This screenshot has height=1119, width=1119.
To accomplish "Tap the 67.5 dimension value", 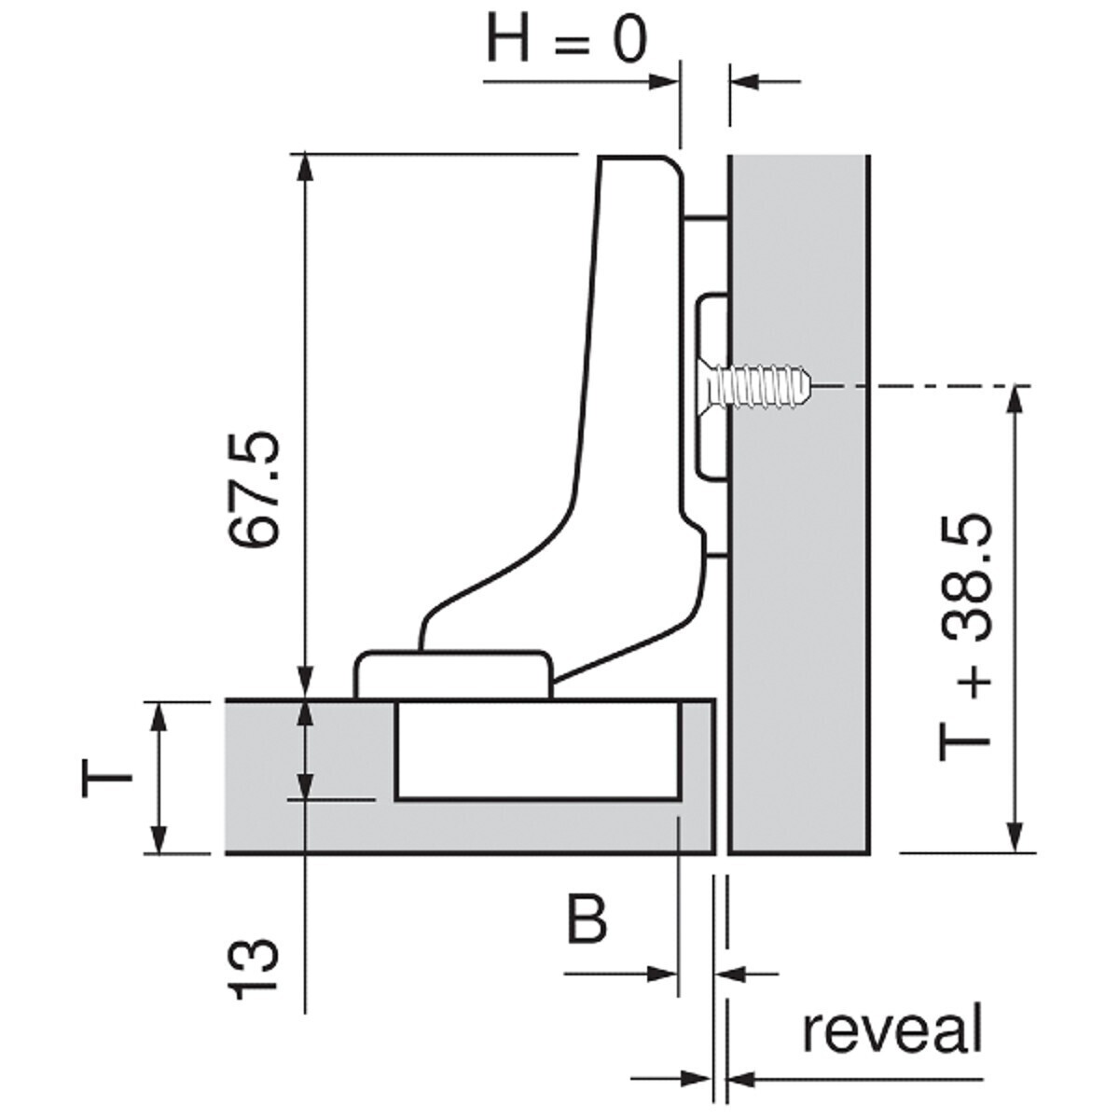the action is (x=254, y=489).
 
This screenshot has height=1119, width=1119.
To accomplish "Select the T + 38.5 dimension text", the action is (x=964, y=638).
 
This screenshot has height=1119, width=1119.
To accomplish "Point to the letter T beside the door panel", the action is (x=107, y=778).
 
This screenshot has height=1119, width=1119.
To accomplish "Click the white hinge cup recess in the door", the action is (x=537, y=751).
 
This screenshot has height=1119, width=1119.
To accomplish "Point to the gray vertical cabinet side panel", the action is (x=798, y=504).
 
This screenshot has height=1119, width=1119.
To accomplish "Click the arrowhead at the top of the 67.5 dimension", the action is (x=305, y=169).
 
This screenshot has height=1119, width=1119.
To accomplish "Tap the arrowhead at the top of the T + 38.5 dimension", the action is (x=1015, y=401).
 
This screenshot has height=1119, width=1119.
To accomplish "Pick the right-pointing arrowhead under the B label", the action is (x=663, y=974).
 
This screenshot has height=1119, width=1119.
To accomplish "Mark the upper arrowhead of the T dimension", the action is (x=159, y=717).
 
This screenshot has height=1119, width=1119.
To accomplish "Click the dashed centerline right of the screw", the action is (x=923, y=385).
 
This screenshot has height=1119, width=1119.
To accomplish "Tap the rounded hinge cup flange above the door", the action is (x=453, y=675).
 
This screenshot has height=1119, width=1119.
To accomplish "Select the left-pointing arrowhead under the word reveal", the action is (x=741, y=1080).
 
